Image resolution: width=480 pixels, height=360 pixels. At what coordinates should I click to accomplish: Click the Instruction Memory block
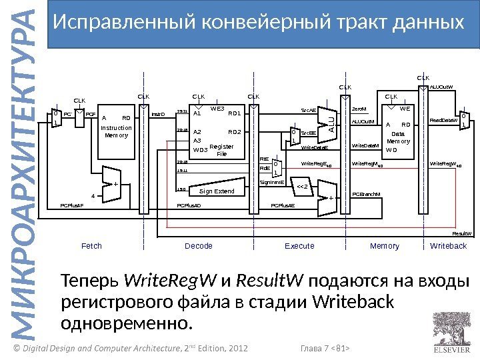[x=116, y=131]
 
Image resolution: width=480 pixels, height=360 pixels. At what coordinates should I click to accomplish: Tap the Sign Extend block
[x=217, y=191]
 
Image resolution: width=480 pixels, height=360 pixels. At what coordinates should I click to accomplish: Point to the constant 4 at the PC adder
[x=93, y=196]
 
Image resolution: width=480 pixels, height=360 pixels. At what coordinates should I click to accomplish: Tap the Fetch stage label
[x=91, y=246]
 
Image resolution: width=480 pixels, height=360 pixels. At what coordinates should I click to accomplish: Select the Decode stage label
[x=198, y=246]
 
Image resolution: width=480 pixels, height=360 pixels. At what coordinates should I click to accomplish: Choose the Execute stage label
[x=299, y=246]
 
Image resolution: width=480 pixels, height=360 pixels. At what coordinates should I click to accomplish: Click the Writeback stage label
[x=449, y=246]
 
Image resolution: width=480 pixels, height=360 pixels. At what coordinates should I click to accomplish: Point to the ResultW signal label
[x=462, y=234]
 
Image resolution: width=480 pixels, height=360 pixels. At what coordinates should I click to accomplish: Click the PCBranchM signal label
[x=365, y=195]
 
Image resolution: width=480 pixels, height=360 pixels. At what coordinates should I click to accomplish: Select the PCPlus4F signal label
[x=72, y=206]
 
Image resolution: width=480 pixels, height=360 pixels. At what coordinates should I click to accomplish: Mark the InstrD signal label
[x=158, y=114]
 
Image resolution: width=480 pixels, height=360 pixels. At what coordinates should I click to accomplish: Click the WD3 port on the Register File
[x=200, y=151]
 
